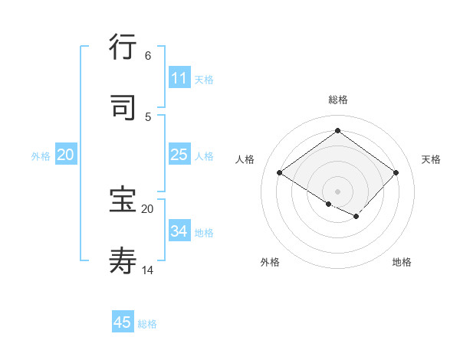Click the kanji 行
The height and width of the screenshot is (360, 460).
123,47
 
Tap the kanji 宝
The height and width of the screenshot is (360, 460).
123,200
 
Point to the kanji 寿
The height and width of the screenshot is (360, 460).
123,260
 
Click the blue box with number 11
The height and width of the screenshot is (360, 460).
179,78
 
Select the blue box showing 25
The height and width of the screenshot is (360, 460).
179,155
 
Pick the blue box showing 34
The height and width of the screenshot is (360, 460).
179,231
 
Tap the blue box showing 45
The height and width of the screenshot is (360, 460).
123,322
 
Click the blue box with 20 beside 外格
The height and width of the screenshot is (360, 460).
65,155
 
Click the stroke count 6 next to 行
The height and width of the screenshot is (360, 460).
147,56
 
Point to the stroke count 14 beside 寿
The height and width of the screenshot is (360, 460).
148,270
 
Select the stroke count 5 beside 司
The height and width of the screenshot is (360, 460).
147,116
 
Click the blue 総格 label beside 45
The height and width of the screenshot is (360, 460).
147,324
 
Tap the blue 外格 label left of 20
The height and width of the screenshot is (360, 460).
41,156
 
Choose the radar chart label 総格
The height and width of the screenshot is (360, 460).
337,100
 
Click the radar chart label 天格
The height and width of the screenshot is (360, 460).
431,159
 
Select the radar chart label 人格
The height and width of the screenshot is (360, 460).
245,159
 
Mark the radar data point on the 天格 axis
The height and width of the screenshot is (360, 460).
396,172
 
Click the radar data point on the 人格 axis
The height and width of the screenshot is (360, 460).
280,173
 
